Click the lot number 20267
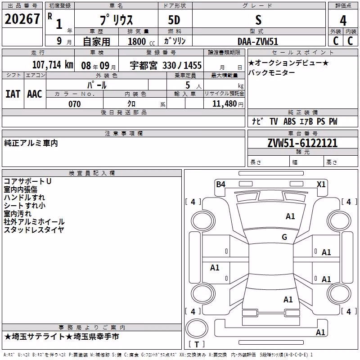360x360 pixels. tap(22, 19)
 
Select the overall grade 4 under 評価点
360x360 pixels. tap(343, 21)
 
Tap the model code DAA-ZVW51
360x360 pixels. tap(258, 41)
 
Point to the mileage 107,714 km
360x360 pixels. tap(53, 65)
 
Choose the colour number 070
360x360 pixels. tap(75, 104)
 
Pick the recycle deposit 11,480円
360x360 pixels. tap(228, 104)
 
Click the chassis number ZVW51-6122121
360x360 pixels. tap(302, 143)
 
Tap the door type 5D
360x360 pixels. tap(174, 20)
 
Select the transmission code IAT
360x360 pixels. tap(13, 94)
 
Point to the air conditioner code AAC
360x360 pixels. tap(35, 94)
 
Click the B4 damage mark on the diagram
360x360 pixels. tap(220, 184)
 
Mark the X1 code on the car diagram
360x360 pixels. tap(321, 184)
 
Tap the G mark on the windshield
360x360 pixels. tap(284, 237)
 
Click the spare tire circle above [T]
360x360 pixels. tap(197, 328)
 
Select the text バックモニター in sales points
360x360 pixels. tap(271, 73)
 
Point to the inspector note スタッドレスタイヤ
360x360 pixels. tap(34, 229)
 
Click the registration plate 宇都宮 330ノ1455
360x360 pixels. tap(166, 66)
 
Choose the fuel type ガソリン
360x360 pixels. tap(175, 41)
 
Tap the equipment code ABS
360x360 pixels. tap(289, 121)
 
